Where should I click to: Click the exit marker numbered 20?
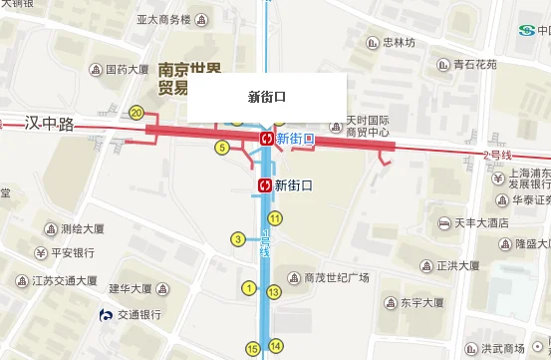click(x=137, y=113)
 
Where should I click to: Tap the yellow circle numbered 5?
click(x=222, y=148)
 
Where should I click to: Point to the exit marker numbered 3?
click(x=237, y=238)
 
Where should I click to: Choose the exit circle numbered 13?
click(x=273, y=292)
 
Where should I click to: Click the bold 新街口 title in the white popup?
click(x=267, y=97)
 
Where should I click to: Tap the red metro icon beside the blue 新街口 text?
click(x=266, y=139)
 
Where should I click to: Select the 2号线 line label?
click(x=496, y=156)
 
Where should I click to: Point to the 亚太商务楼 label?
click(x=163, y=19)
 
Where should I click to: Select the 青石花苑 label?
click(x=467, y=65)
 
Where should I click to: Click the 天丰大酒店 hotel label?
click(x=482, y=222)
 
